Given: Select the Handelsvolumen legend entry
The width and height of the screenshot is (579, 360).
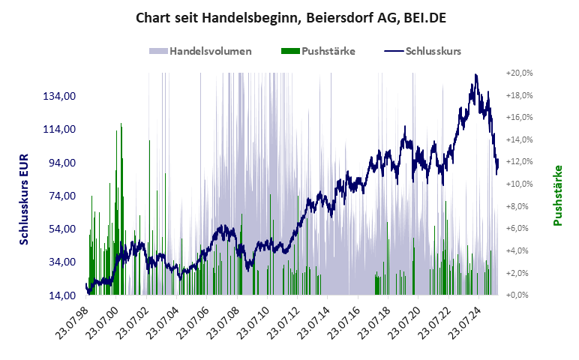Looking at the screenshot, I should (200, 52).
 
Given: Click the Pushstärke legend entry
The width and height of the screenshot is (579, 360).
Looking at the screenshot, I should (318, 52).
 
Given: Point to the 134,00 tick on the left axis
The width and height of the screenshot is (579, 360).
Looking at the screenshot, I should (61, 97).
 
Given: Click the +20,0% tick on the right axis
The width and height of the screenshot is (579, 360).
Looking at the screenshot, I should (519, 73).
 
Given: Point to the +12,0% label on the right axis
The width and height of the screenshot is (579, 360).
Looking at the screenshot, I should (519, 161).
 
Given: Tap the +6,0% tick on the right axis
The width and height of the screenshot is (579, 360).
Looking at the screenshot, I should (520, 228).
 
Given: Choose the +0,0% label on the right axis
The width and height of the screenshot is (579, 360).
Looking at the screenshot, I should (520, 295).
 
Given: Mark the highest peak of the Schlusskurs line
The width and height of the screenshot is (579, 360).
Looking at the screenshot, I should (475, 75).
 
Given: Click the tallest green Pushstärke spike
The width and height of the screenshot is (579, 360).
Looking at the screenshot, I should (121, 124).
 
